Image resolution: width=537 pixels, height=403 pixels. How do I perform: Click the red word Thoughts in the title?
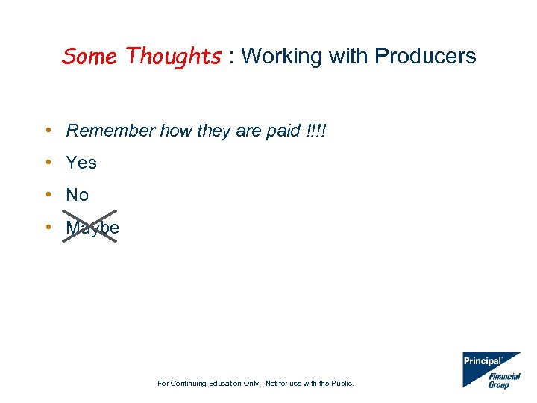click(173, 56)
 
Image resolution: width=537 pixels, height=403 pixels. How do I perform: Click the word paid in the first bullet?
click(283, 131)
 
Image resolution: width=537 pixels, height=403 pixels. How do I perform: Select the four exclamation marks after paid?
click(316, 131)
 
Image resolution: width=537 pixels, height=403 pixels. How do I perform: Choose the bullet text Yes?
click(81, 163)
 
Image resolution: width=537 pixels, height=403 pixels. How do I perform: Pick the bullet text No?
click(78, 195)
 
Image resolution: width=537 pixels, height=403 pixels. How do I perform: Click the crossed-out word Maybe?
click(92, 228)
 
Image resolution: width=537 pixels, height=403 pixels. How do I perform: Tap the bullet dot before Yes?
click(48, 163)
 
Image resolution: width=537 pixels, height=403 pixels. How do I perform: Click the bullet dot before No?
click(48, 195)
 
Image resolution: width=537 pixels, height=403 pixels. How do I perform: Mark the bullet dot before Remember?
click(48, 131)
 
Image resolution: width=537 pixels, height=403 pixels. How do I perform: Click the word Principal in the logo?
click(483, 361)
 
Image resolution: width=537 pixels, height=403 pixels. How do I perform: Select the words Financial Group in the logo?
click(503, 381)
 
